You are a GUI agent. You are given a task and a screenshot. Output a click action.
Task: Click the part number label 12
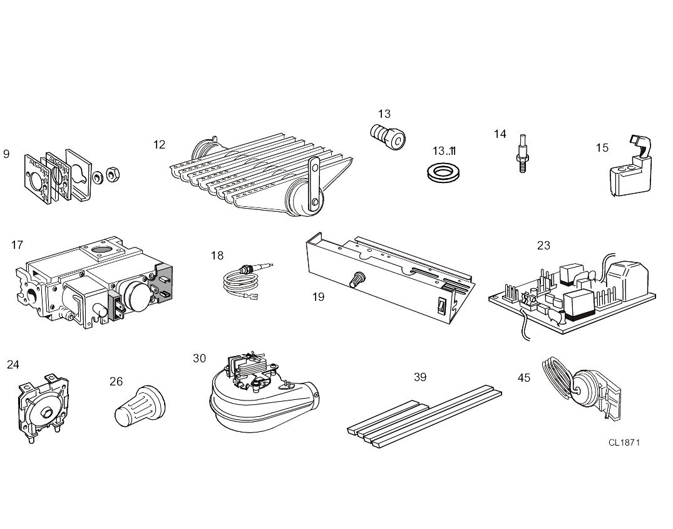pos(159,145)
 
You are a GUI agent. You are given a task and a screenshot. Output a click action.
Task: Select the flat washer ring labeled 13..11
pos(441,172)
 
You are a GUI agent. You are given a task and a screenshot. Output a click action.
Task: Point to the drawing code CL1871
pos(624,443)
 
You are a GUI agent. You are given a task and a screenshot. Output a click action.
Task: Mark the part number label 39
pos(420,377)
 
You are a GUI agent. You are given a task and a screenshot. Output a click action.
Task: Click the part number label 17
pos(17,244)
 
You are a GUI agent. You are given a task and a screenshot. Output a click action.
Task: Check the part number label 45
pos(523,377)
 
